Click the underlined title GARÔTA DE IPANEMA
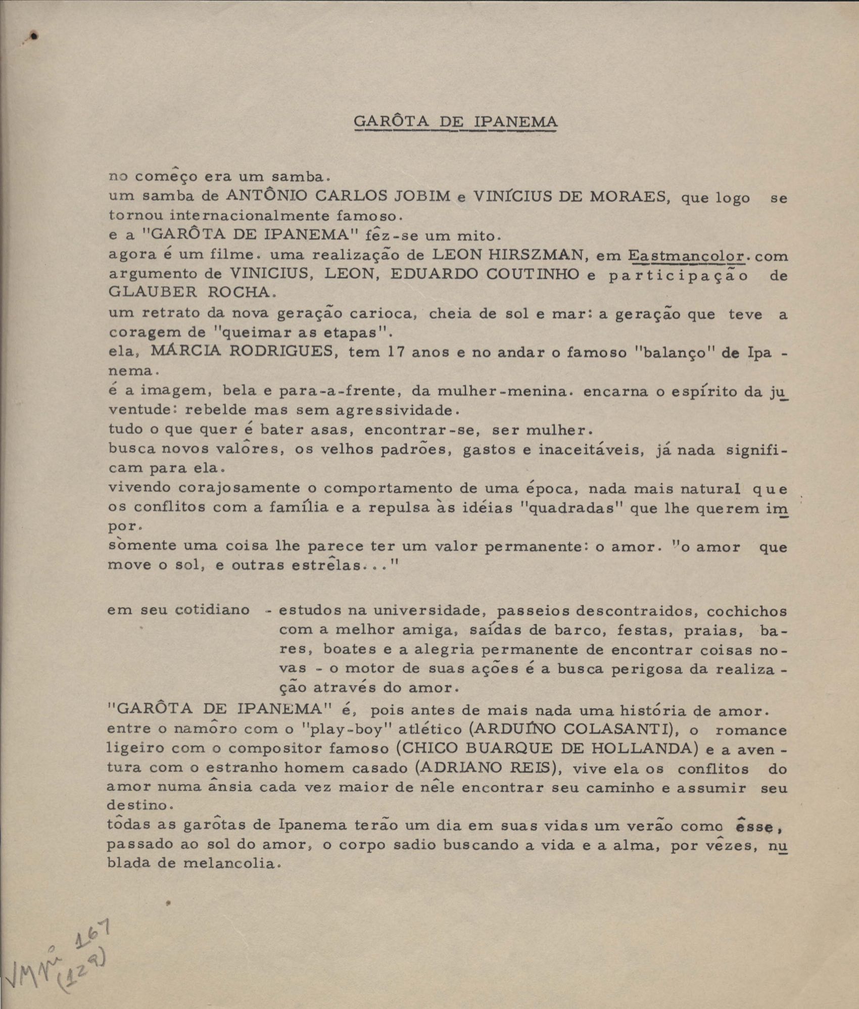[x=456, y=122]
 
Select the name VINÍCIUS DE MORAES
[x=568, y=196]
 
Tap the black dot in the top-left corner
[x=34, y=36]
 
